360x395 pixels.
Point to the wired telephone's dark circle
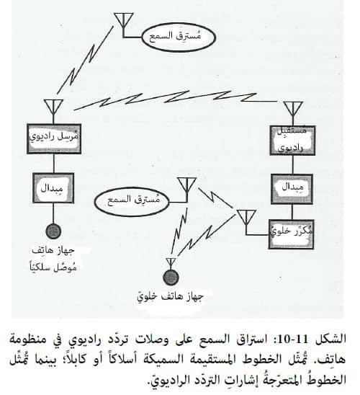click(x=53, y=231)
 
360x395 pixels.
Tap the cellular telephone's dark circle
click(x=171, y=278)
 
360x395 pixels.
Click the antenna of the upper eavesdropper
click(x=123, y=21)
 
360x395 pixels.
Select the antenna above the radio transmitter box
click(x=53, y=108)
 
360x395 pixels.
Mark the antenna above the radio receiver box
click(x=292, y=110)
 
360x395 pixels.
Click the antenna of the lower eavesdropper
click(x=186, y=186)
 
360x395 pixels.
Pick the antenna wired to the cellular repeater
click(x=246, y=218)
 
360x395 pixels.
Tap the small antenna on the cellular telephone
click(x=171, y=263)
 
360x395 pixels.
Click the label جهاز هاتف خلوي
click(x=171, y=296)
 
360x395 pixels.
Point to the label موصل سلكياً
click(x=53, y=266)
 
